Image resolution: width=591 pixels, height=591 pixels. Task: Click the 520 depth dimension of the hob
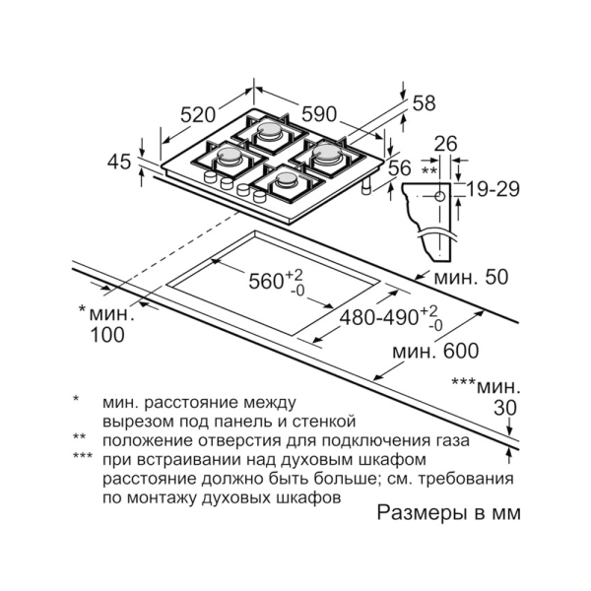click(198, 112)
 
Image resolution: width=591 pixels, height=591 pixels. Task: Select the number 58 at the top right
click(424, 102)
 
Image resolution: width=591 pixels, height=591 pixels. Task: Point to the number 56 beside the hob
click(399, 168)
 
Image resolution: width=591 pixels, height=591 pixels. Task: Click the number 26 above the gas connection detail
click(446, 145)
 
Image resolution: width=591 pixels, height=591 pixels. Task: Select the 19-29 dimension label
click(493, 189)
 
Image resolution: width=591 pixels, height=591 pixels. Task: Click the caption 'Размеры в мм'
click(448, 513)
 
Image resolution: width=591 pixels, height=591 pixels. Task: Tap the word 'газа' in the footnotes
click(448, 440)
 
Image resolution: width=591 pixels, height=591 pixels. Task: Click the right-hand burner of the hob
click(326, 153)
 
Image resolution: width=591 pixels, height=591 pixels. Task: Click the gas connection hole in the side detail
click(438, 195)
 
